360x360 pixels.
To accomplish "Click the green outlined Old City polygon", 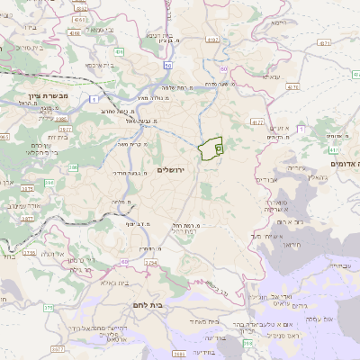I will tap(211, 148).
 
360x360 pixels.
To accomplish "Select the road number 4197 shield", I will tap(212, 40).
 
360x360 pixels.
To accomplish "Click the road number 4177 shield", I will tap(257, 121).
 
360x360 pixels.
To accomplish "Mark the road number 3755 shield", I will tap(30, 253).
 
